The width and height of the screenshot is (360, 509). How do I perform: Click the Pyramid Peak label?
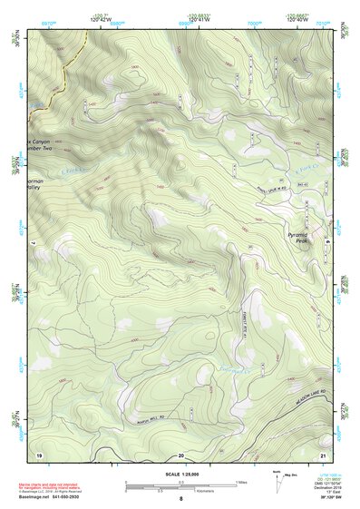pos(298,237)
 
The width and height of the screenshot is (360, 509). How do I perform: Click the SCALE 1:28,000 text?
pos(180,474)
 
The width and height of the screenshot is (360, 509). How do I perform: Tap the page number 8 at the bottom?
pos(180,498)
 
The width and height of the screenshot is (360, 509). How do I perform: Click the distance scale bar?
pos(180,485)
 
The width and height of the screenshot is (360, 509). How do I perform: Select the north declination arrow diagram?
pos(278,481)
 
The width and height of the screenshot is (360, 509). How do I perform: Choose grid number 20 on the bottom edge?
pos(180,454)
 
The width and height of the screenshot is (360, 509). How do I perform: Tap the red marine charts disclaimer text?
pos(63,484)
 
